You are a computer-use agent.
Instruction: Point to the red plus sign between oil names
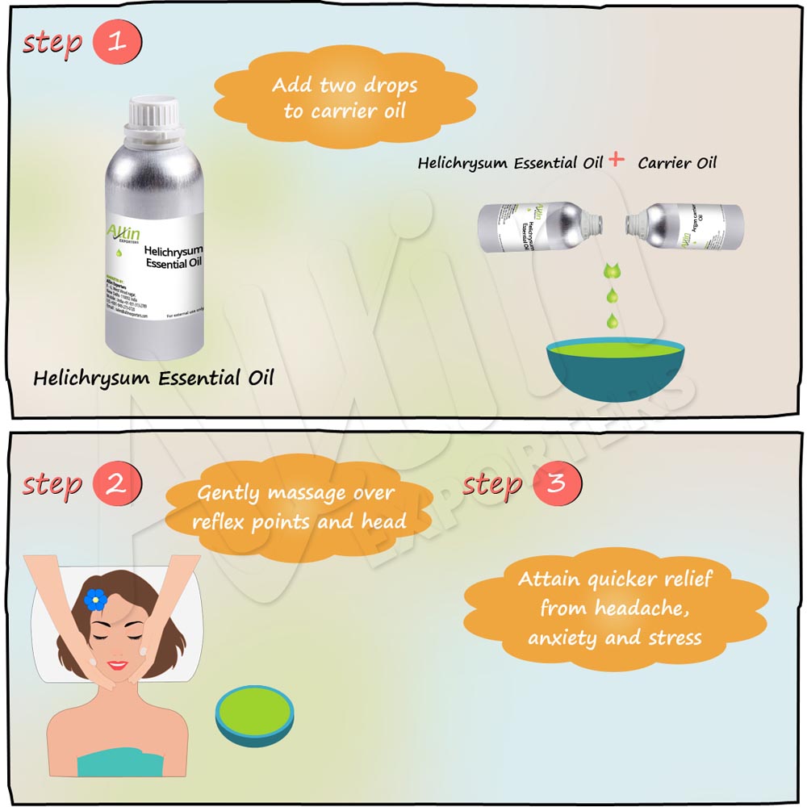pyautogui.click(x=617, y=160)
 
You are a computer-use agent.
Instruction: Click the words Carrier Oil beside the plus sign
pyautogui.click(x=676, y=163)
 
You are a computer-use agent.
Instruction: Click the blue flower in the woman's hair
pyautogui.click(x=95, y=598)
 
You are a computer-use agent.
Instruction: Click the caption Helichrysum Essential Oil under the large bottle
pyautogui.click(x=153, y=377)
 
